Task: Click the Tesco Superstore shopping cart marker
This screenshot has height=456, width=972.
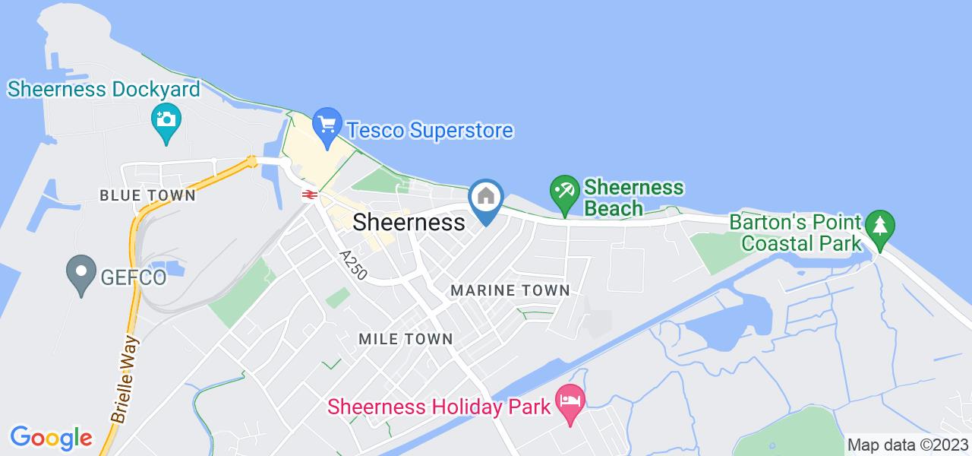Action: click(327, 123)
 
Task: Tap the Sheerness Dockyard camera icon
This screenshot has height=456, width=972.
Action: click(163, 119)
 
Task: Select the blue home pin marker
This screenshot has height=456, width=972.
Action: click(486, 198)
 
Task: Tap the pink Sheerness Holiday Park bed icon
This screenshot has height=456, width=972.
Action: click(570, 400)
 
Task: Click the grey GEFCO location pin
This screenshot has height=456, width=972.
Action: click(80, 271)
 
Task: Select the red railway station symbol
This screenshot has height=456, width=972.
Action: click(308, 194)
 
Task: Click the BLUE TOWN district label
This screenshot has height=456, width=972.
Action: click(147, 195)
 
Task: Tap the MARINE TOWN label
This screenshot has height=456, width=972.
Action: click(510, 290)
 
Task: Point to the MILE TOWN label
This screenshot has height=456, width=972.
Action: click(406, 339)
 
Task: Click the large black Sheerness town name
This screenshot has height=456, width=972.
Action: click(409, 222)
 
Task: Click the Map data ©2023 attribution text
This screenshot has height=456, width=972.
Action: click(907, 445)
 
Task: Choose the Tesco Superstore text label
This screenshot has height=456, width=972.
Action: click(430, 131)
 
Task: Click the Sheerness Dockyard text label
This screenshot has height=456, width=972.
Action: click(104, 90)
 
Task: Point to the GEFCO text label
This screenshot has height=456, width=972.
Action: click(133, 277)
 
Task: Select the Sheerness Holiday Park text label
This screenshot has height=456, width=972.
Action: click(439, 407)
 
